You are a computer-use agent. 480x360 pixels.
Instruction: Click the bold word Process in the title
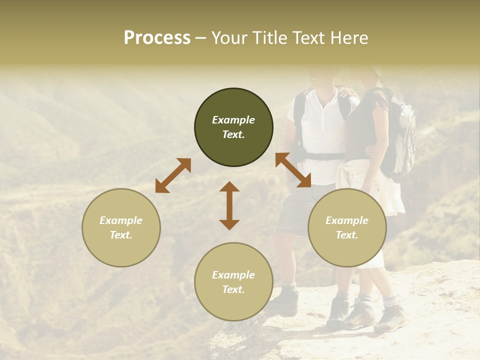[157, 38]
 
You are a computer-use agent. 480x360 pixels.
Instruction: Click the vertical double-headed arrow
[229, 205]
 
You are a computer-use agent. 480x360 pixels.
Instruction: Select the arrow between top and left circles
[173, 175]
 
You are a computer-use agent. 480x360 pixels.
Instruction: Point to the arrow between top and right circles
[293, 170]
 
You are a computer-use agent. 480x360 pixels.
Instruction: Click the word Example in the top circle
[233, 120]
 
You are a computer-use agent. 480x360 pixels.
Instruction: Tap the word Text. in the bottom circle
[233, 289]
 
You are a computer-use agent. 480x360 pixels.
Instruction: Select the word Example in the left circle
[121, 220]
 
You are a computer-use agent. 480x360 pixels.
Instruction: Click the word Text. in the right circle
[347, 235]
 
